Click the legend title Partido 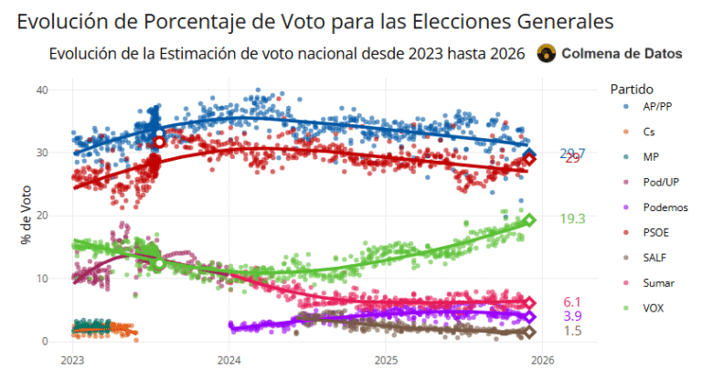(x=632, y=90)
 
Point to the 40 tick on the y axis (x=42, y=90)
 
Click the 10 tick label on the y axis (x=42, y=279)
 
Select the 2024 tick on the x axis (x=229, y=359)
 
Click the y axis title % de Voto (x=27, y=216)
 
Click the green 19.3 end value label (x=572, y=219)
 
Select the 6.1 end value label (x=572, y=302)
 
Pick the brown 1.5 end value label (x=572, y=331)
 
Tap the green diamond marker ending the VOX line (x=529, y=220)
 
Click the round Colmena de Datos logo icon (x=546, y=54)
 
